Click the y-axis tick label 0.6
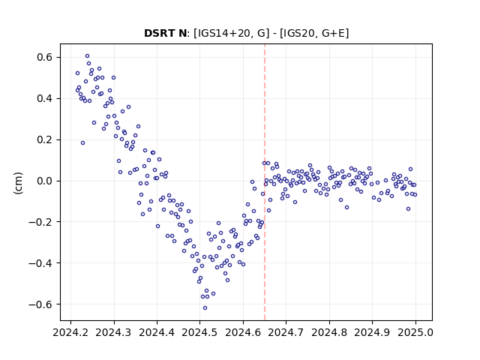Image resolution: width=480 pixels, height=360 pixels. [x=45, y=58]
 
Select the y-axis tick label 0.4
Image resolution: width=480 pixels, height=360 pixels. [x=45, y=98]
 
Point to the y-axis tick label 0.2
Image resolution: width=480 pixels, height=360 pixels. [x=45, y=140]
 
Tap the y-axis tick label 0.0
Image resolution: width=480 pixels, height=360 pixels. [x=45, y=181]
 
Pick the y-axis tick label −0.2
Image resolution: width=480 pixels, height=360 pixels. [x=41, y=222]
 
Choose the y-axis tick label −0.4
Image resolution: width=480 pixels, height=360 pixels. [x=41, y=263]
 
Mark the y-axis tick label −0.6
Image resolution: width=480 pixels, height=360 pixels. [x=41, y=304]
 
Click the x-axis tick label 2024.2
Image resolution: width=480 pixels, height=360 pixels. [x=70, y=332]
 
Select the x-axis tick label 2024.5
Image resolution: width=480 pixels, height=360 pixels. [x=200, y=332]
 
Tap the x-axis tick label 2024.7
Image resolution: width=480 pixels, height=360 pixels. [x=286, y=332]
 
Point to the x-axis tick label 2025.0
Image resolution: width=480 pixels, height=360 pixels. [x=415, y=332]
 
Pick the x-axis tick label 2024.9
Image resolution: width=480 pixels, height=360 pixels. [x=372, y=332]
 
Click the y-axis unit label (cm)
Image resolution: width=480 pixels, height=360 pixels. [x=18, y=183]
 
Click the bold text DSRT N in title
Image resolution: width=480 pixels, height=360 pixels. [x=165, y=33]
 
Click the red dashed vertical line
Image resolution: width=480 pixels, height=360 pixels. [x=265, y=182]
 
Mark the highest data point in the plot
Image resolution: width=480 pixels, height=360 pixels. [x=87, y=56]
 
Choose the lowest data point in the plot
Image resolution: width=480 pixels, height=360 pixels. [x=205, y=308]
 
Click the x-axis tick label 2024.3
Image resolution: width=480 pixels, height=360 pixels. [x=114, y=332]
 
